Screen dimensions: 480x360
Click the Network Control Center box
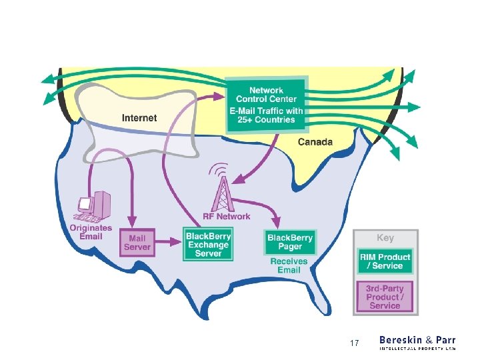tap(267, 105)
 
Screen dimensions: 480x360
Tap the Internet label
tap(139, 118)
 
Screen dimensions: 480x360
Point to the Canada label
tap(315, 142)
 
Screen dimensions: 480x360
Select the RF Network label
tap(227, 216)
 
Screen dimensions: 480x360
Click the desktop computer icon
tap(92, 207)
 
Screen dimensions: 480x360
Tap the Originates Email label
tap(91, 233)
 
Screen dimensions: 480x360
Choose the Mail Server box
tap(137, 243)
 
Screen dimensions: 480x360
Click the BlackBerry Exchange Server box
tap(209, 245)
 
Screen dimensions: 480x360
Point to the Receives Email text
tap(289, 265)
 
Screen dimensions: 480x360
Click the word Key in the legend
tap(385, 238)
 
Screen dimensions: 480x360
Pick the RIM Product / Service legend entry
tap(385, 261)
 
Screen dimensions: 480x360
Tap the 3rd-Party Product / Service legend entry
tap(385, 297)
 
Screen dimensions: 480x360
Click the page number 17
tap(355, 343)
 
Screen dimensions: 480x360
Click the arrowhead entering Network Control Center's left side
tap(221, 95)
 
